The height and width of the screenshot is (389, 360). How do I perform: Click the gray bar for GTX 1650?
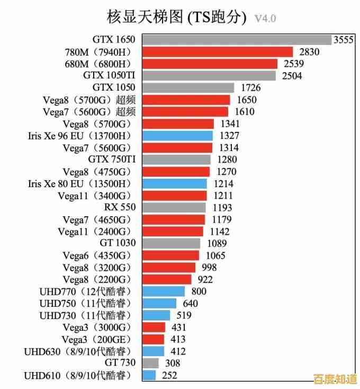[x=236, y=40]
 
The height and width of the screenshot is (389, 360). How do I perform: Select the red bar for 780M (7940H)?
[x=217, y=52]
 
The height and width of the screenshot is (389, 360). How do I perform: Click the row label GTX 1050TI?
[x=109, y=76]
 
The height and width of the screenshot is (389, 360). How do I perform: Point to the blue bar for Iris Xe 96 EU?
[x=177, y=136]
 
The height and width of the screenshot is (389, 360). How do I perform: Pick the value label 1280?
[x=226, y=160]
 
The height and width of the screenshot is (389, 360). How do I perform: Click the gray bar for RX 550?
[x=174, y=207]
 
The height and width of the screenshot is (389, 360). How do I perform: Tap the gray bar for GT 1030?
[x=171, y=243]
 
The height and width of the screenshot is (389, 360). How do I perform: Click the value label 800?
[x=199, y=291]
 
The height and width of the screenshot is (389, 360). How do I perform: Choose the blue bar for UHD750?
[x=159, y=303]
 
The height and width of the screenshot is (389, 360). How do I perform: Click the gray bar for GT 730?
[x=150, y=363]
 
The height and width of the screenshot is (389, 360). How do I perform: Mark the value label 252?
[x=169, y=375]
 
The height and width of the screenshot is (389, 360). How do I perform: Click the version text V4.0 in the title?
[x=265, y=19]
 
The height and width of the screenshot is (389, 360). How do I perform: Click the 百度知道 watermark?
[x=335, y=379]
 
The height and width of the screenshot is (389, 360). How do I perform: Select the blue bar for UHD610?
[x=149, y=375]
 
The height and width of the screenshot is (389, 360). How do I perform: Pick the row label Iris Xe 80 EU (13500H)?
[x=78, y=183]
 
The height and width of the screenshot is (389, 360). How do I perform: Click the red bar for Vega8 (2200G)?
[x=166, y=279]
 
